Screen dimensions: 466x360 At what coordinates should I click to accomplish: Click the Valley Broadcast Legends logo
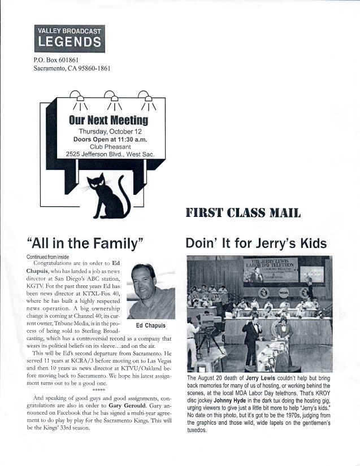(69, 38)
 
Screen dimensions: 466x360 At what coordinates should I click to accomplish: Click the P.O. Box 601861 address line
(56, 60)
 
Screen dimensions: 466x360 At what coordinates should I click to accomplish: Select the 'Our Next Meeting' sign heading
(108, 120)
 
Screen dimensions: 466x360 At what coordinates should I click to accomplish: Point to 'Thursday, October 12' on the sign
(108, 131)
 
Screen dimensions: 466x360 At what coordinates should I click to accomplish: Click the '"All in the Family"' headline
(85, 243)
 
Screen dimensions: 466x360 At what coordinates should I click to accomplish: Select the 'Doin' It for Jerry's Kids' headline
(256, 243)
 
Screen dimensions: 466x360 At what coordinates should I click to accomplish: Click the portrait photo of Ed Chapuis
(151, 291)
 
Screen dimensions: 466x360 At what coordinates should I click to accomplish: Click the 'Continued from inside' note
(47, 256)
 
